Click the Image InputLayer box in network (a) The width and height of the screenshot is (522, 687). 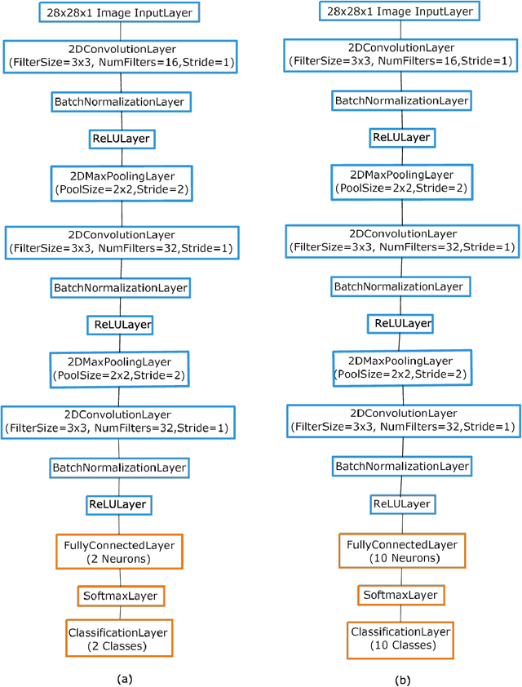coord(120,12)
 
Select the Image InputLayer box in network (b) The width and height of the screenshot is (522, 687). coord(400,12)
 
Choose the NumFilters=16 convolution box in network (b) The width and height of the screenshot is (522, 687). coord(400,54)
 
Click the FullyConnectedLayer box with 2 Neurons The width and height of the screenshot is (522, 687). coord(121,552)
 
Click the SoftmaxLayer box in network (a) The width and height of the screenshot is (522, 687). coord(121,596)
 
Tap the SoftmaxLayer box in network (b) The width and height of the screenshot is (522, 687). coord(400,596)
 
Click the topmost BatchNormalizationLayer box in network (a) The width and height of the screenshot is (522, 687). coord(121,102)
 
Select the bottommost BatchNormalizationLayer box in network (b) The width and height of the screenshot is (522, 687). coord(400,467)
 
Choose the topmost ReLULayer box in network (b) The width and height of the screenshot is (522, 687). coord(400,138)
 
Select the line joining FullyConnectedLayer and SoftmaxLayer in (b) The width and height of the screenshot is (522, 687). coord(400,576)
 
